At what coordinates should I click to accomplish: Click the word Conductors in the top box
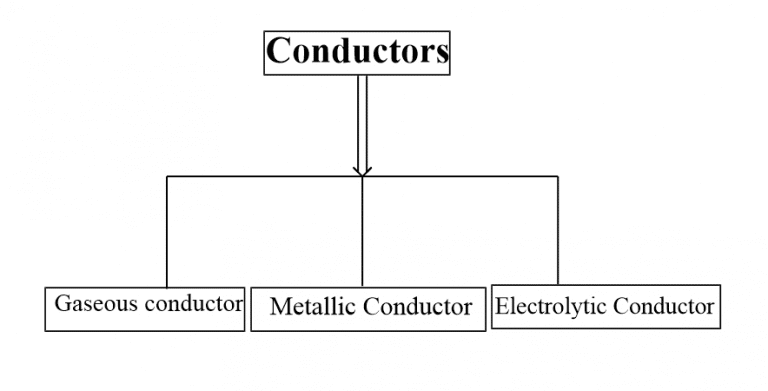(x=357, y=51)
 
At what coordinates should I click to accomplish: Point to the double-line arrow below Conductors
(x=362, y=120)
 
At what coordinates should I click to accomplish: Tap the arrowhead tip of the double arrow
(x=362, y=175)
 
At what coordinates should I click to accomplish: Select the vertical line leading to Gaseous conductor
(x=167, y=230)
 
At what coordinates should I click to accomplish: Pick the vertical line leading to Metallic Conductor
(x=362, y=230)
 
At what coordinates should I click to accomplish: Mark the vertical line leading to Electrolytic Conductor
(x=557, y=230)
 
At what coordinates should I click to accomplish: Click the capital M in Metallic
(x=279, y=307)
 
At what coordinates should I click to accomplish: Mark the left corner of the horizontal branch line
(x=167, y=177)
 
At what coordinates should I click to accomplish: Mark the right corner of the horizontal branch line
(x=557, y=177)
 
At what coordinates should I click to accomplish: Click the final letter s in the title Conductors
(x=441, y=53)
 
